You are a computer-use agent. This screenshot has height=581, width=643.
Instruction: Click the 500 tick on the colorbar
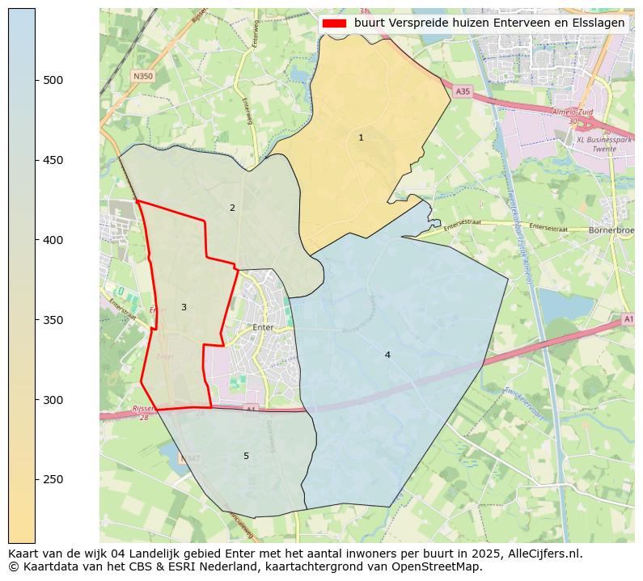tap(36, 80)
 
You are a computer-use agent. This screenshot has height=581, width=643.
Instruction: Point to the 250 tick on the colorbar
tap(36, 480)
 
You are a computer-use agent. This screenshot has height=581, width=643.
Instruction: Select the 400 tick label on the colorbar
tap(53, 240)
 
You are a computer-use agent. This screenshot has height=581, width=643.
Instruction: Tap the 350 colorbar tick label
tap(53, 320)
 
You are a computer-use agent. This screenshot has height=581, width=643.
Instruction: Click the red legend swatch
tap(334, 23)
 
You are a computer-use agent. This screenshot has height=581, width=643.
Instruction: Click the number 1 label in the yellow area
tap(361, 138)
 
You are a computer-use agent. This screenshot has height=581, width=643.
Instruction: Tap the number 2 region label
tap(232, 208)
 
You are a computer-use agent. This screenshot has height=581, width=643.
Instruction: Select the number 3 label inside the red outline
tap(184, 308)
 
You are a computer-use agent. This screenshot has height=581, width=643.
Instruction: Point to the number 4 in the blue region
tap(387, 356)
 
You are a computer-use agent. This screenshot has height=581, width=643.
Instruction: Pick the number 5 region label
tap(246, 457)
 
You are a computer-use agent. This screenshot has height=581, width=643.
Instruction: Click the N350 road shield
tap(142, 77)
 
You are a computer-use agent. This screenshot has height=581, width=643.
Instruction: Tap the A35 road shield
tap(462, 92)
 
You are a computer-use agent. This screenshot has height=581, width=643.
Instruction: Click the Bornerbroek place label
tap(611, 229)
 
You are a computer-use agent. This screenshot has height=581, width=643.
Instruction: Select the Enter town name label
tap(264, 327)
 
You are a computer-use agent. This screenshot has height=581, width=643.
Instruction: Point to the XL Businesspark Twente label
tap(603, 145)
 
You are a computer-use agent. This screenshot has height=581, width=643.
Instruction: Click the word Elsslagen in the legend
tap(600, 23)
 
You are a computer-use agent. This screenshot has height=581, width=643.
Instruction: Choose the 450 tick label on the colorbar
tap(53, 160)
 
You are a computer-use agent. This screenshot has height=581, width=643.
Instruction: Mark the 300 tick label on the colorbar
tap(53, 400)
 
